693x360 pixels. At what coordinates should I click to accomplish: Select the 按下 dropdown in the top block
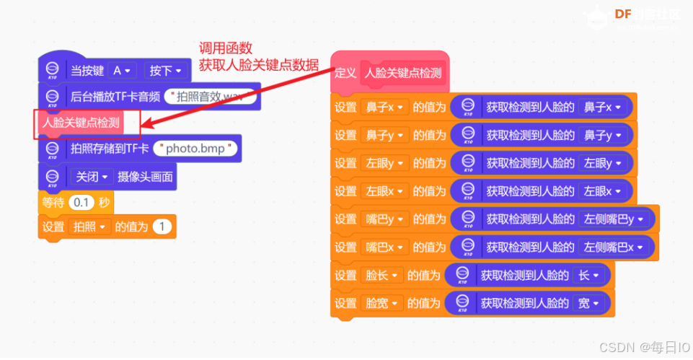tap(165, 70)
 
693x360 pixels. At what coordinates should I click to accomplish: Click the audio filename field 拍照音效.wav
tap(210, 96)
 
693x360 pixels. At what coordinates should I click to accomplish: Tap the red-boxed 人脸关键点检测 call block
tap(81, 122)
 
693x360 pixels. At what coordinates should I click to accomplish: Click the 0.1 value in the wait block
tap(81, 201)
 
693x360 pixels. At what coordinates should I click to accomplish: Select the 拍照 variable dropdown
tap(87, 227)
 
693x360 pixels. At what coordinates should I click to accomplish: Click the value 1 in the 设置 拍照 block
tap(162, 227)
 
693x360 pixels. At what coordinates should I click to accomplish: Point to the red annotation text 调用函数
tap(226, 48)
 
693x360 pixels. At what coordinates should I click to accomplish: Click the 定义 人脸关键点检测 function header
tap(390, 72)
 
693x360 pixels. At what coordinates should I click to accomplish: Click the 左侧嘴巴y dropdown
tap(614, 219)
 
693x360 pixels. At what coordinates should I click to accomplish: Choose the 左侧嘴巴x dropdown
tap(614, 247)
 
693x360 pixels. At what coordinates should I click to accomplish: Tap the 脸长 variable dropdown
tap(381, 275)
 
